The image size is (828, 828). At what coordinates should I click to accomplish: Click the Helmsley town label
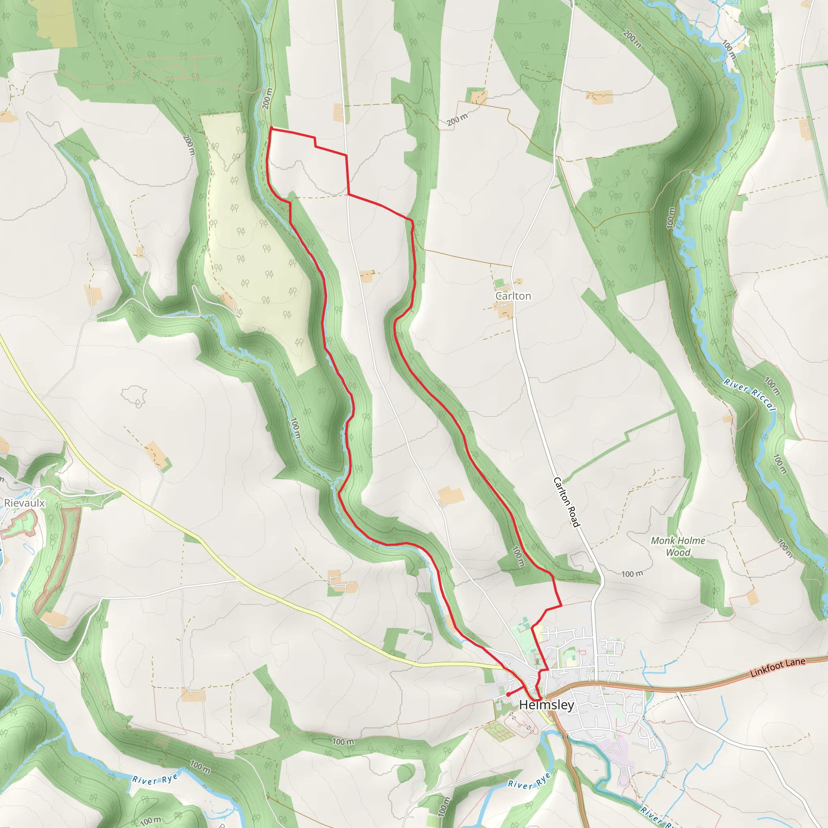click(547, 705)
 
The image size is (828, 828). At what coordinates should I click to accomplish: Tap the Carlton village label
click(513, 296)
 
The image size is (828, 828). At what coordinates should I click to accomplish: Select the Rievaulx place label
click(24, 503)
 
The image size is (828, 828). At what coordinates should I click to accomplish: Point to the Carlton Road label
click(566, 502)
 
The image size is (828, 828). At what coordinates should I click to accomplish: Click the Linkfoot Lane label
click(777, 668)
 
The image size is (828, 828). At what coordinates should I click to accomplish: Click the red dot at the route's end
click(508, 695)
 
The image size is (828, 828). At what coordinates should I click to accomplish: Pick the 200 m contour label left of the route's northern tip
click(267, 99)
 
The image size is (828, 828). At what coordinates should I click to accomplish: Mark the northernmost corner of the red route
click(271, 128)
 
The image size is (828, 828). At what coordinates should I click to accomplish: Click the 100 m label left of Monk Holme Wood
click(632, 574)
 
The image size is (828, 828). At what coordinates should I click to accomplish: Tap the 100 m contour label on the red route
click(518, 557)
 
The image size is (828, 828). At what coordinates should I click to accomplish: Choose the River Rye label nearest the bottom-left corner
click(155, 779)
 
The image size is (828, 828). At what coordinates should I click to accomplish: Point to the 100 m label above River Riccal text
click(772, 386)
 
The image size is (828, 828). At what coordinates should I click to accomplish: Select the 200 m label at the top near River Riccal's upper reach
click(633, 39)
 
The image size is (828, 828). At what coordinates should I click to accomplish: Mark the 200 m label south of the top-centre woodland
click(457, 120)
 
